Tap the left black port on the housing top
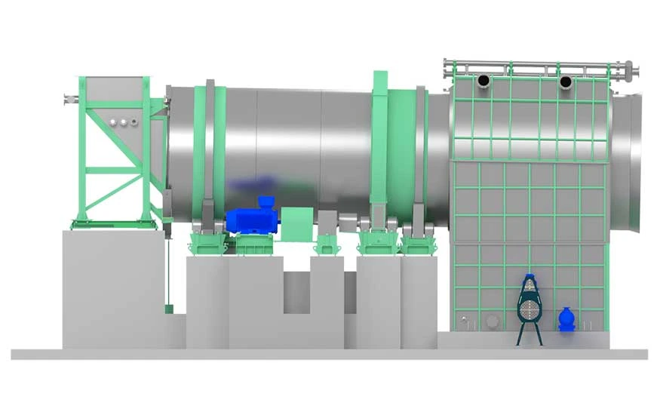pos(483,81)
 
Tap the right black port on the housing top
pos(566,81)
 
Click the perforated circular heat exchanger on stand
pos(530,308)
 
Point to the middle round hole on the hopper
pos(123,121)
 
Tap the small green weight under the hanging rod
pos(168,308)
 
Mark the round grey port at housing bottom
pos(492,321)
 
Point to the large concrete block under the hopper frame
pos(113,287)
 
